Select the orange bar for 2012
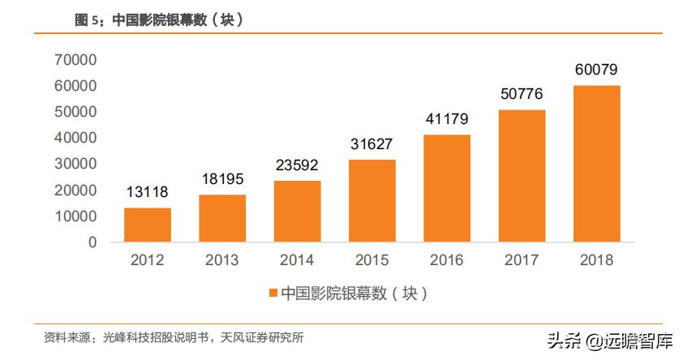tap(147, 225)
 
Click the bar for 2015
tap(372, 200)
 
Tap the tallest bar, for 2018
tap(596, 163)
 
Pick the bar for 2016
tap(447, 188)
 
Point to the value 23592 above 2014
tap(297, 165)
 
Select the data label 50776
tap(522, 94)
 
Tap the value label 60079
tap(596, 70)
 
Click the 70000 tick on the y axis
tap(75, 59)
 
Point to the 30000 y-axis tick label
tap(75, 164)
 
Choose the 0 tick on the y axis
tap(92, 242)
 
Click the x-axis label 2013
tap(221, 260)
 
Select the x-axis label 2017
tap(522, 260)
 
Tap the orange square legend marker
tap(273, 293)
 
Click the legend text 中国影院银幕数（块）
tap(353, 293)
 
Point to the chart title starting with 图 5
tap(159, 21)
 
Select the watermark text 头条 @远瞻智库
tap(609, 341)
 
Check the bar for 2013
tap(221, 218)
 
